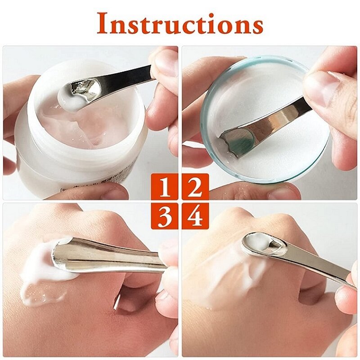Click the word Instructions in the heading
180,23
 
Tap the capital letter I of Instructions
103,23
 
